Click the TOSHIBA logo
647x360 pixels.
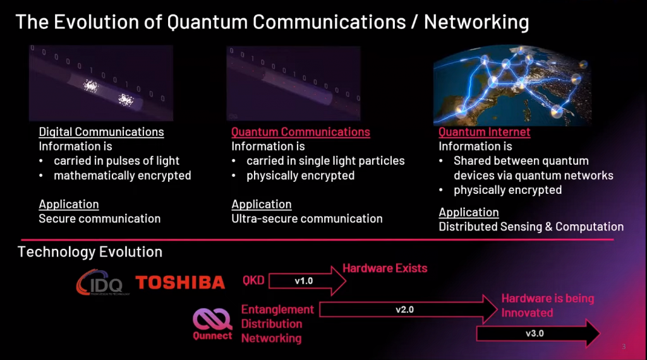tap(180, 282)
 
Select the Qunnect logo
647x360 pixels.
tap(212, 323)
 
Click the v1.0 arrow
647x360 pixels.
tap(310, 281)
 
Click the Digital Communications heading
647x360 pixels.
tap(101, 132)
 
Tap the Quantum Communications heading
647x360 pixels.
tap(301, 132)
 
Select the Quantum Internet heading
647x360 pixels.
tap(485, 132)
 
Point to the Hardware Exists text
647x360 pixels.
tap(385, 268)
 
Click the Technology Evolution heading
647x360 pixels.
tap(90, 252)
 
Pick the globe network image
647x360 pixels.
tap(524, 85)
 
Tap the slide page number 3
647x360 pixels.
tap(624, 346)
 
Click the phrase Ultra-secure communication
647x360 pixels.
tap(307, 219)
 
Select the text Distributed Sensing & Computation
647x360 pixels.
tap(531, 226)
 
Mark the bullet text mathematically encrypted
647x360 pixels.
tap(122, 176)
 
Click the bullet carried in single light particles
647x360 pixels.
tap(325, 161)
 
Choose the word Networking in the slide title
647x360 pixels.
tap(476, 22)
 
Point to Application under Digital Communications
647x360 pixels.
tap(69, 204)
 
